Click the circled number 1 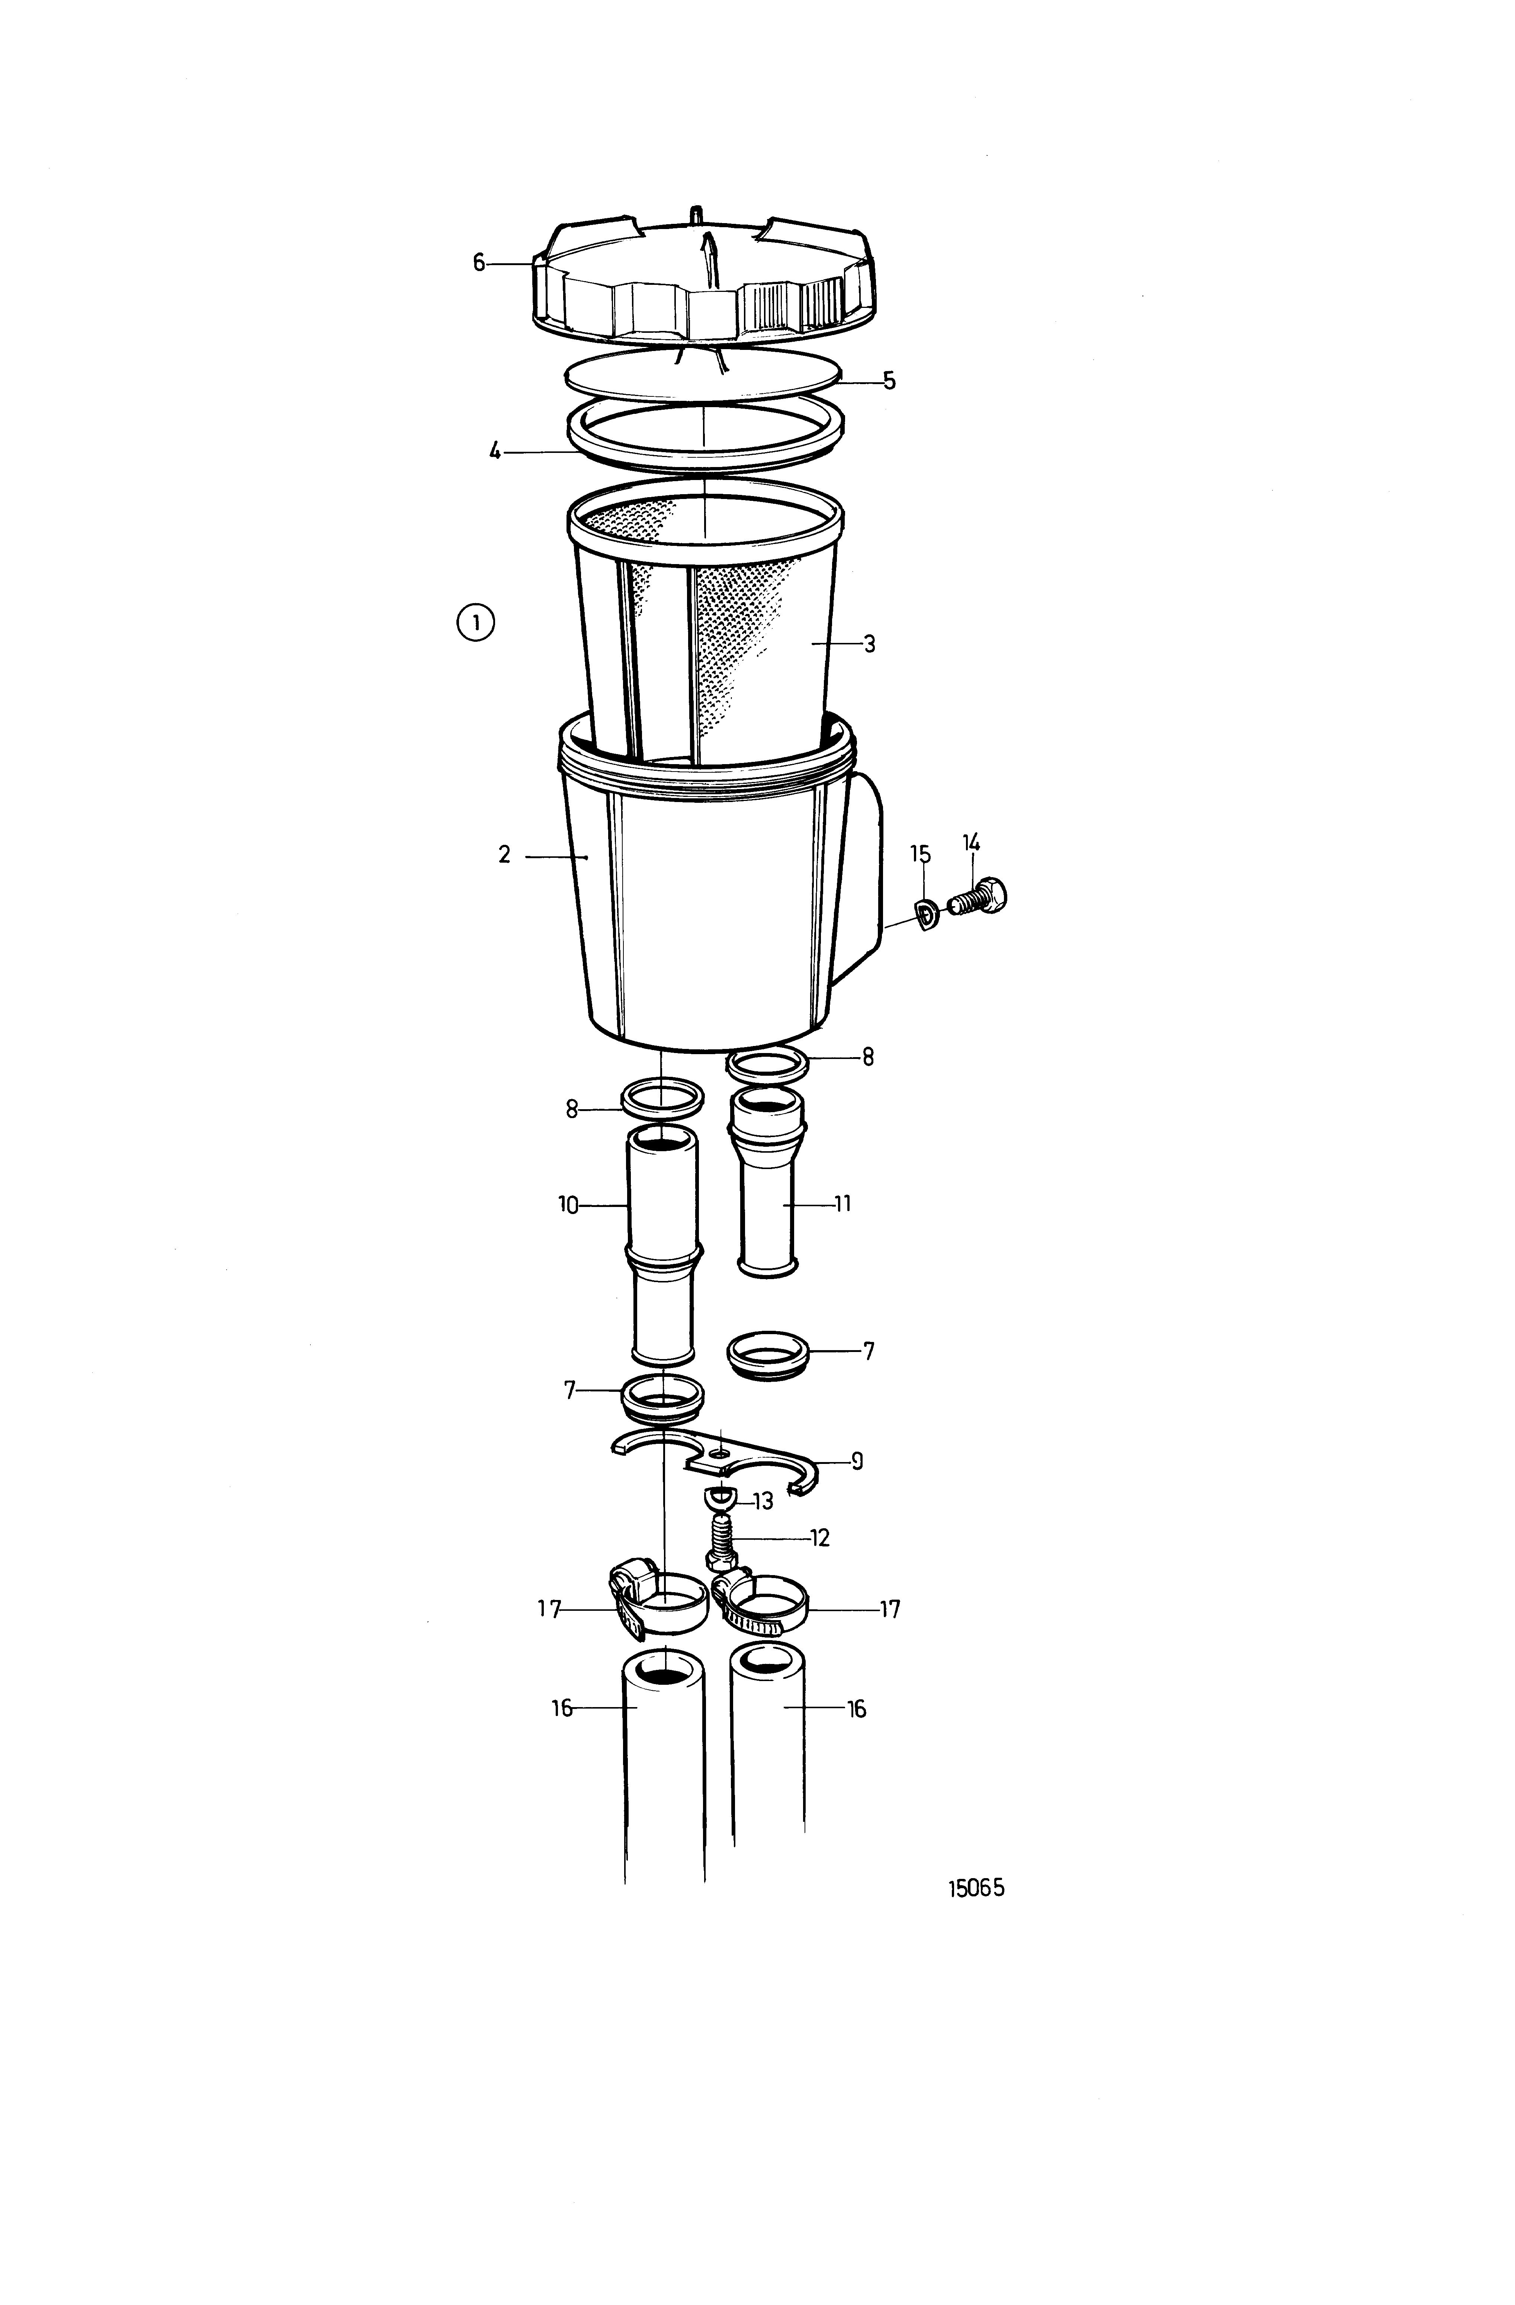(475, 623)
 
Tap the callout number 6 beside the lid (478, 263)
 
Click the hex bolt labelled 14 (980, 898)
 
